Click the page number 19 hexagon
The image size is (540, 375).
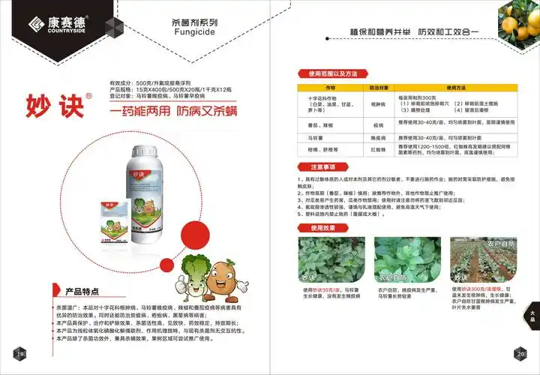tap(20, 353)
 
